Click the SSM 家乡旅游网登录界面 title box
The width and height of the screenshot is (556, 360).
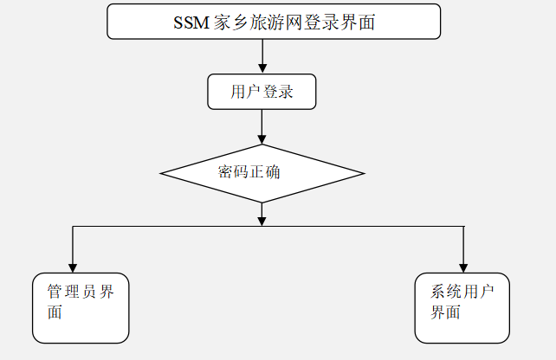[274, 22]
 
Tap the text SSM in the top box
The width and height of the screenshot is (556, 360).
[191, 22]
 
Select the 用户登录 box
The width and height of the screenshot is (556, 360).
[262, 92]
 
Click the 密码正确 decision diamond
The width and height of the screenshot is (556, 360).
[262, 173]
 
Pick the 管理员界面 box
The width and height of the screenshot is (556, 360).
[81, 308]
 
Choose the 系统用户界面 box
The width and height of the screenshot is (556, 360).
[463, 308]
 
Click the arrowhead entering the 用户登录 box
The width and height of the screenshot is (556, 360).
[262, 68]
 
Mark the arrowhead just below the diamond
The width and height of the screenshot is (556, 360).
[262, 220]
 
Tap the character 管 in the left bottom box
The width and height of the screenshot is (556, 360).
[55, 292]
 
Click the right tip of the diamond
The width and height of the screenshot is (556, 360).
[362, 173]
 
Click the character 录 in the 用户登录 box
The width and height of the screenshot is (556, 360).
[286, 92]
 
